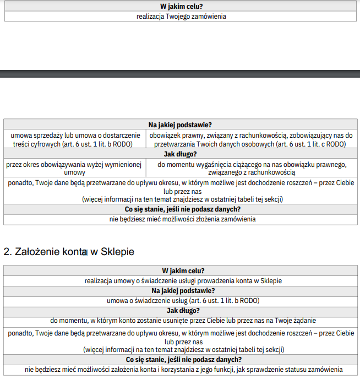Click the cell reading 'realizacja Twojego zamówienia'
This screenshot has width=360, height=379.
pos(181,17)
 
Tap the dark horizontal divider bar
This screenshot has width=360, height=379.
pos(180,73)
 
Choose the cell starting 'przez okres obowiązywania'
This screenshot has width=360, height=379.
pos(74,168)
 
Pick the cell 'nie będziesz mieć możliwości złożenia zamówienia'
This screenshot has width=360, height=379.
pos(181,219)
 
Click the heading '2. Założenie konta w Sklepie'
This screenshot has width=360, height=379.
pos(69,252)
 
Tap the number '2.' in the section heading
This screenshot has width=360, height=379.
pos(8,252)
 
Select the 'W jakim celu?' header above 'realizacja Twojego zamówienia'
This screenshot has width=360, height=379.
pos(181,7)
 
